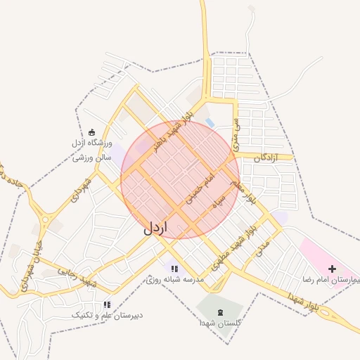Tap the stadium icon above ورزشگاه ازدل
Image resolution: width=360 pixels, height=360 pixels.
point(91,132)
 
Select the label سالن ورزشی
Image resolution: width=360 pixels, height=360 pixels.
point(92,158)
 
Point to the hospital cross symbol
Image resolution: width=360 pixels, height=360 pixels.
point(332,268)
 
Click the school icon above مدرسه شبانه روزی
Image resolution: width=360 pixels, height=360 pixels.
point(174,268)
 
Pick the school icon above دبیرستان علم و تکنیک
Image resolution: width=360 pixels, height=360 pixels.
point(107,304)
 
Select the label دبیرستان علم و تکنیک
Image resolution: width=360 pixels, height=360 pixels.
point(107,316)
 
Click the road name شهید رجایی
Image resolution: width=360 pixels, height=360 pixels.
point(77,278)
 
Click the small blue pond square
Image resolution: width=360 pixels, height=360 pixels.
point(210,124)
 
